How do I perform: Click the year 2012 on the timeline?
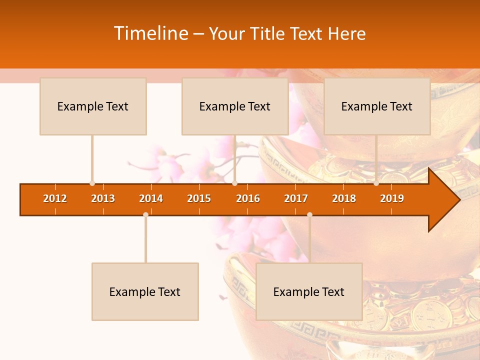(x=55, y=198)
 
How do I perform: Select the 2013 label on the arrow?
(x=103, y=198)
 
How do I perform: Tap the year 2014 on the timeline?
(x=151, y=198)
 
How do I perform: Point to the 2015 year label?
(x=199, y=198)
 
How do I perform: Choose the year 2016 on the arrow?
(x=248, y=198)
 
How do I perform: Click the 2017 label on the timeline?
(x=296, y=198)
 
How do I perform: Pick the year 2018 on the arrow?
(x=344, y=198)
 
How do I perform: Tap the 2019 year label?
(x=392, y=198)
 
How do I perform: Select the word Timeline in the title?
(x=150, y=33)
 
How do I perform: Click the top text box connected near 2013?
(x=93, y=106)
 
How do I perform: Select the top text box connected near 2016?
(x=235, y=106)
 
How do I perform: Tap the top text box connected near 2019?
(x=377, y=106)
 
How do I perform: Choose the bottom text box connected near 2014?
(x=145, y=291)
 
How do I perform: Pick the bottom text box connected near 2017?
(x=309, y=291)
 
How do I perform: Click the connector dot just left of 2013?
(x=92, y=183)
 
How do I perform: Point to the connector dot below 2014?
(x=145, y=215)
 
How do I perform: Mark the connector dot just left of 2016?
(x=234, y=183)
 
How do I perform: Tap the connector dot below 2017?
(x=309, y=215)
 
